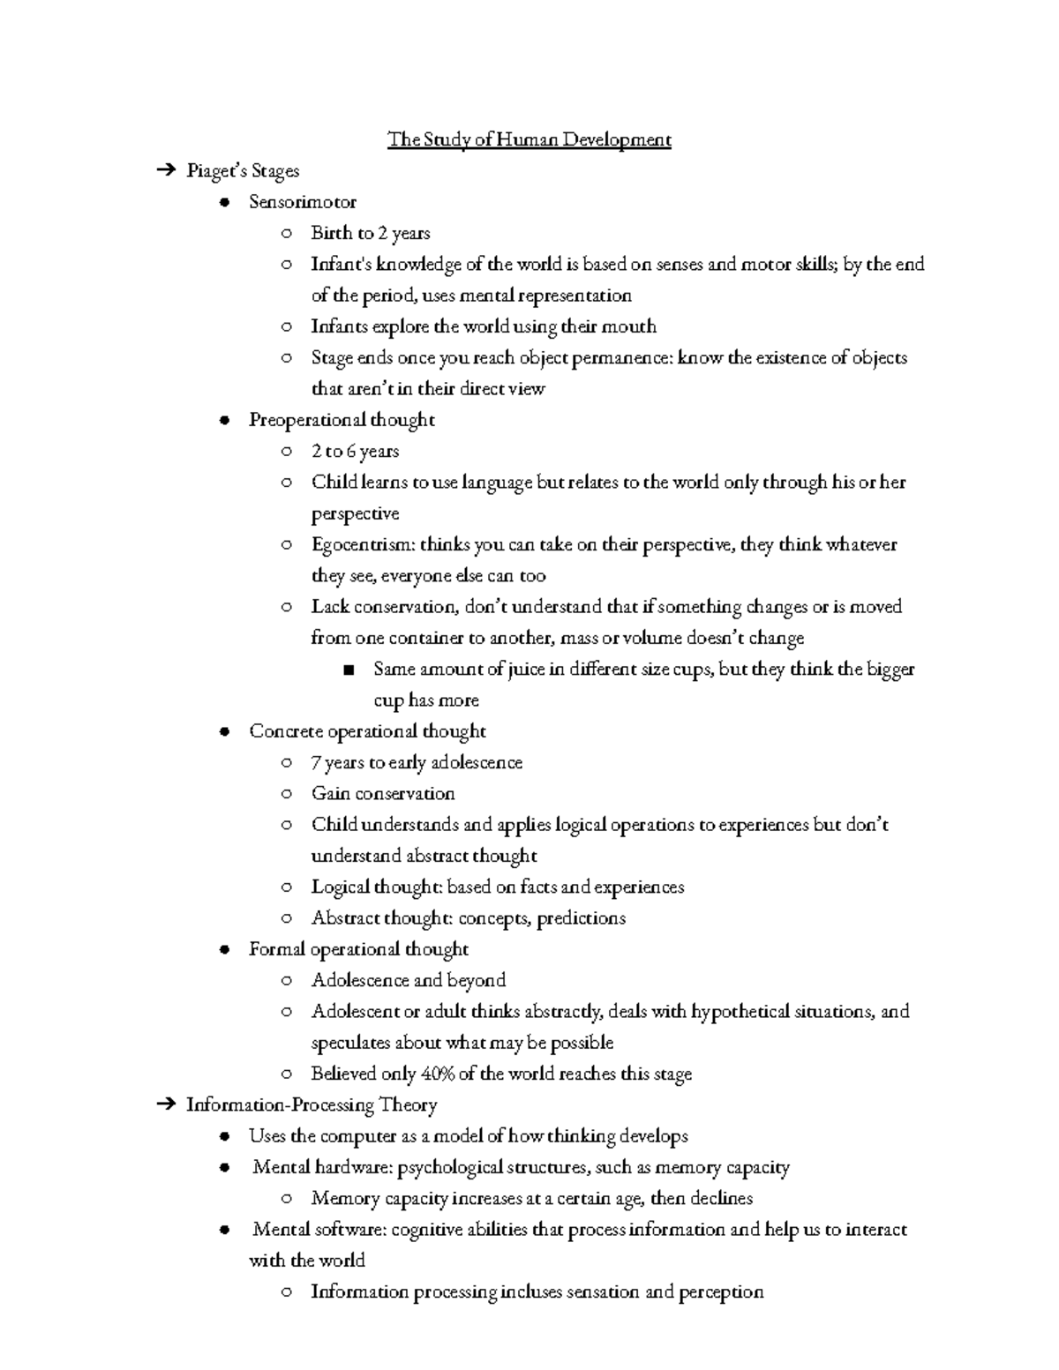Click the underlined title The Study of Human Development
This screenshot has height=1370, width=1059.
(x=529, y=139)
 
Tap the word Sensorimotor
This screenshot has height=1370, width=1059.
(x=303, y=202)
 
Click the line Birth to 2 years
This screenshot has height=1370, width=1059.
(x=371, y=233)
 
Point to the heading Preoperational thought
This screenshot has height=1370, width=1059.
(x=342, y=420)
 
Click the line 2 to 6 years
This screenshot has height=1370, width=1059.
(x=355, y=451)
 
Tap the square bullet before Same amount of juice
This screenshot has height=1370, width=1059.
(x=349, y=670)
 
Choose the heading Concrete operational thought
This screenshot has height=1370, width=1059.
(x=367, y=731)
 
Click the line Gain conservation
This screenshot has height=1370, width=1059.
(x=383, y=793)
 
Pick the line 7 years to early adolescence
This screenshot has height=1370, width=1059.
(x=417, y=762)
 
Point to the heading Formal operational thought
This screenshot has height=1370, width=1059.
(x=358, y=949)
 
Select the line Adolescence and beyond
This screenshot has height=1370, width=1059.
(x=409, y=980)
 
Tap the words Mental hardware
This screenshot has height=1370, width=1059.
(x=321, y=1167)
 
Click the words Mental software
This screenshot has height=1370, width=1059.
(x=319, y=1230)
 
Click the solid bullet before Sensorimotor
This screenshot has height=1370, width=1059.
(x=227, y=203)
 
